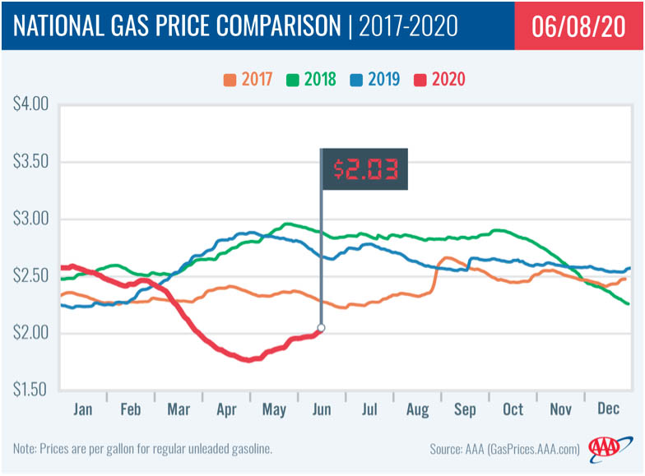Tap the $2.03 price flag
pos(366,169)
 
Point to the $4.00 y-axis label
pos(31,104)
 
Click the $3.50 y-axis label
pos(31,162)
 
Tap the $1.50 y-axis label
pos(31,389)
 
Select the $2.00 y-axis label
pos(31,333)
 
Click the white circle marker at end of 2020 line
pos(321,328)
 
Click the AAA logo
pos(606,448)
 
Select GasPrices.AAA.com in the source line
pos(527,449)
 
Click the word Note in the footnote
pos(26,449)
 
